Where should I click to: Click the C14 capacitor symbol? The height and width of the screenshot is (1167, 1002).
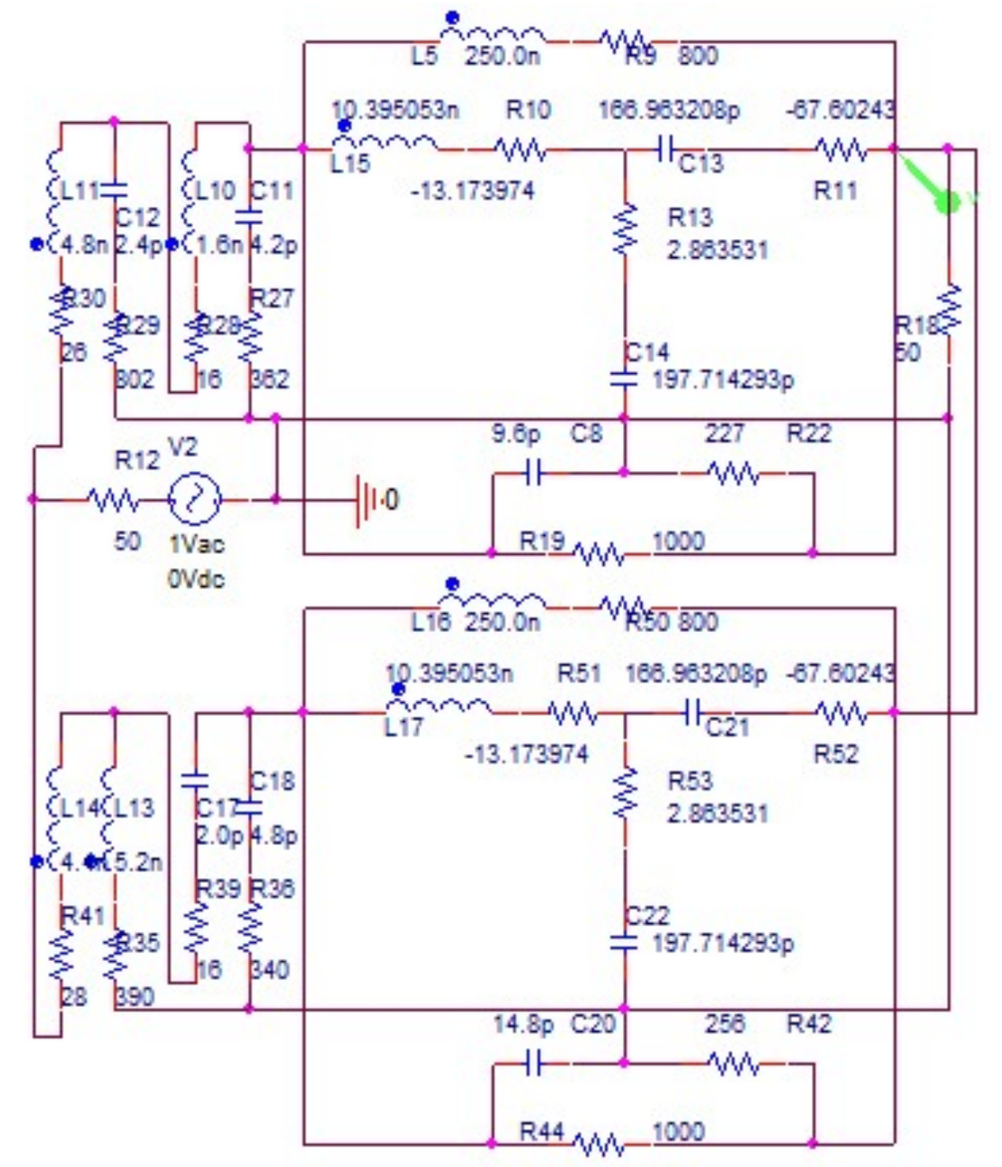624,380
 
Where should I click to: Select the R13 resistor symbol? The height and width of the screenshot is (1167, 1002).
625,230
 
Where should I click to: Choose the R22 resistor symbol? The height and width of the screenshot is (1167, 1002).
734,473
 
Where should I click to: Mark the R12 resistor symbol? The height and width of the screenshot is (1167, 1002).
114,499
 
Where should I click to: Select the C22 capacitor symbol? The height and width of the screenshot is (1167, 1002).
624,942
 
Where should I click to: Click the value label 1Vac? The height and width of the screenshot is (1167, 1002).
197,544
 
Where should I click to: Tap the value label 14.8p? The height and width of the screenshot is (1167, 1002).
523,1024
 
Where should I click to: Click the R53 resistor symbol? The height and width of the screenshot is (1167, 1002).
625,793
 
